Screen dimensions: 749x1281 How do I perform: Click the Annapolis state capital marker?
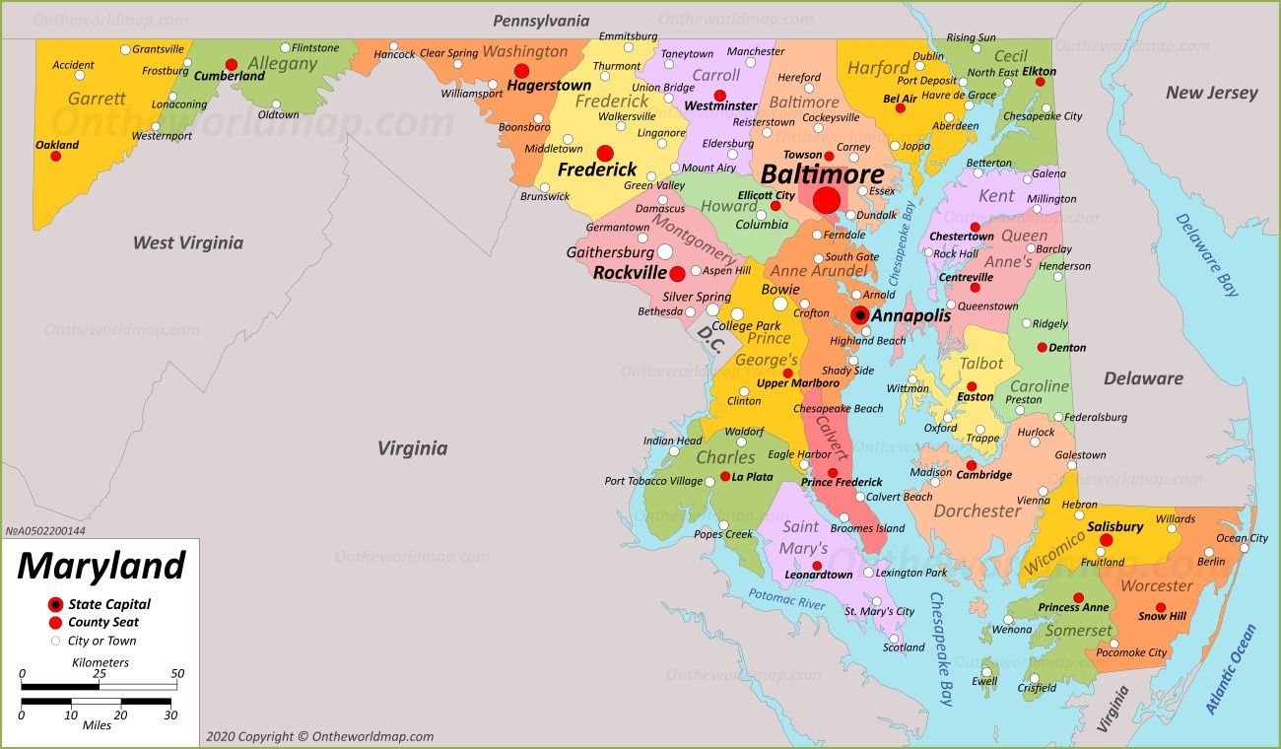click(x=860, y=315)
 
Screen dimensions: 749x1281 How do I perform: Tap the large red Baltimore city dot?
click(x=827, y=200)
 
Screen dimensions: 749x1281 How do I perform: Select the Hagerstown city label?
click(x=549, y=86)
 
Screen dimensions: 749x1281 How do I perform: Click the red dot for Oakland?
click(x=56, y=156)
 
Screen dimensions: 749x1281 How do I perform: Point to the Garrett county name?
click(x=97, y=99)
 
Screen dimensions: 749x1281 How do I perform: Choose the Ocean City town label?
click(x=1242, y=538)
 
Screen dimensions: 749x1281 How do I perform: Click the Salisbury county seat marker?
click(x=1106, y=540)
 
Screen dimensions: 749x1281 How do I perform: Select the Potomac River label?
click(x=785, y=598)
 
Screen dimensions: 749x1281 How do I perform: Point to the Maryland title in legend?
click(x=101, y=566)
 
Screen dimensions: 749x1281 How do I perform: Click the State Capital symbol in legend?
click(x=55, y=604)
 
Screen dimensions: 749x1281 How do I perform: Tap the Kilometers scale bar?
click(x=99, y=685)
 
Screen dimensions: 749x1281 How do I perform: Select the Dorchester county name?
click(x=977, y=511)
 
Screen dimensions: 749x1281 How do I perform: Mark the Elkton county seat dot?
click(x=1040, y=83)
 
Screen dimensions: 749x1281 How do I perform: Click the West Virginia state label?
click(x=187, y=242)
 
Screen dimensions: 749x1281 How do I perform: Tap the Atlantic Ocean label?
click(x=1231, y=670)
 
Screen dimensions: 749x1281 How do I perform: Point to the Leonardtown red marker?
click(x=817, y=566)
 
